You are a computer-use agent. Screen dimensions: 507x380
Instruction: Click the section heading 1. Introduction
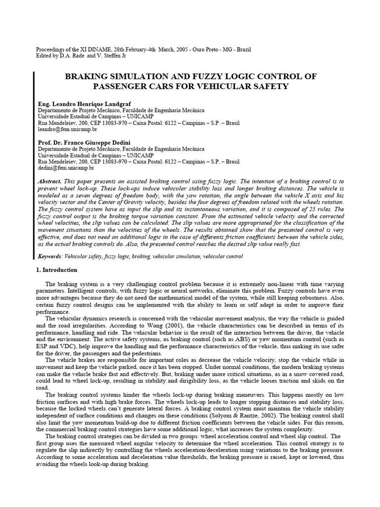click(57, 270)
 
